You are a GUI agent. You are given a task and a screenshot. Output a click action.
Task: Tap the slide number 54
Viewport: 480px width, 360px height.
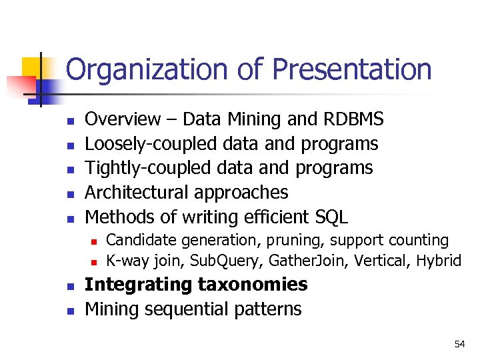pos(459,344)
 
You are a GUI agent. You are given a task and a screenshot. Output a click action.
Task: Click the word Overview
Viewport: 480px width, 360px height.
pos(123,119)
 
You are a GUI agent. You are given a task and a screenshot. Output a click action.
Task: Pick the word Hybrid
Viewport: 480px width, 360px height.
pos(439,261)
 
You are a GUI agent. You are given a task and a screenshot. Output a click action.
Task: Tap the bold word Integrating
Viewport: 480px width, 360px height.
pos(139,285)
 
